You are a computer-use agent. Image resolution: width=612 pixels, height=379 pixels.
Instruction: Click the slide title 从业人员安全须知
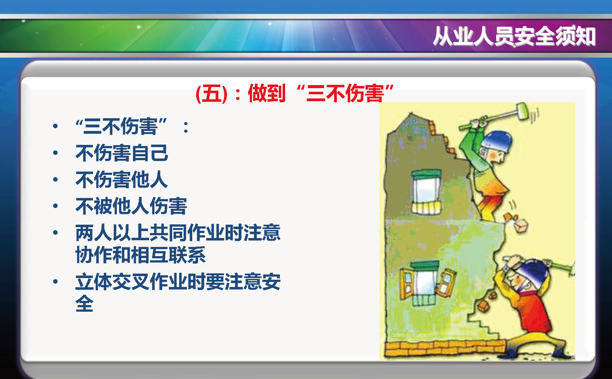[x=514, y=36]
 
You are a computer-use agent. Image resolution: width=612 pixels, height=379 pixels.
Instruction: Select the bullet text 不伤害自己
[x=122, y=153]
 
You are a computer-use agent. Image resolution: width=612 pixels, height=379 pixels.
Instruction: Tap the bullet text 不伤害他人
[x=122, y=180]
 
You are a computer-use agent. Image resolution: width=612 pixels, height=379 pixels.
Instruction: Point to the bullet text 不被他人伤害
[x=131, y=206]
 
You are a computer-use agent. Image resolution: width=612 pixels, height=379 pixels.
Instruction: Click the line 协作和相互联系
[x=140, y=255]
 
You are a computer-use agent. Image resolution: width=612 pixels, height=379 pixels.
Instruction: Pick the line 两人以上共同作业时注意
[x=178, y=232]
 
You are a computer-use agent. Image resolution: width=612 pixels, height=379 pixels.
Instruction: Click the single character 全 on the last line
[x=84, y=303]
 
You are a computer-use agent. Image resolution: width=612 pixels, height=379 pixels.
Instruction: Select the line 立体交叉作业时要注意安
[x=178, y=282]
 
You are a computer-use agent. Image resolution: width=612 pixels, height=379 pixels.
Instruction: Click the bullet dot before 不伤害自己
[x=55, y=153]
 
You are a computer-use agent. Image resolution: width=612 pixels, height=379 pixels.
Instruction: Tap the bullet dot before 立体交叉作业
[x=55, y=281]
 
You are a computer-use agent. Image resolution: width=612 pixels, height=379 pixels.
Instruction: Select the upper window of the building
[x=426, y=192]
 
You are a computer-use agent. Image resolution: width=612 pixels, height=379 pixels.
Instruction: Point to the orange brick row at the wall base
[x=445, y=348]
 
